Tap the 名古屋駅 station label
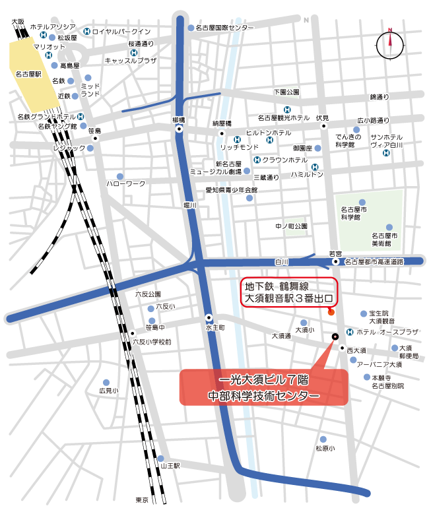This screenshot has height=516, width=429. pos(28,75)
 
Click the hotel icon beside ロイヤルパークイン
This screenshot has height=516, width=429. pos(87,31)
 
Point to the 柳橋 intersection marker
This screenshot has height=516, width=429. pos(180,131)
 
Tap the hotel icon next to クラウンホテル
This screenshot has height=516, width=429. pos(255,160)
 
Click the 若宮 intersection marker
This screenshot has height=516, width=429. pos(336,262)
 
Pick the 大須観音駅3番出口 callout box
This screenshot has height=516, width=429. pos(288,292)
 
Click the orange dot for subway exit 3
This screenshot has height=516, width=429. pos(331,312)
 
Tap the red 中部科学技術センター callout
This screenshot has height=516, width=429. pos(263,387)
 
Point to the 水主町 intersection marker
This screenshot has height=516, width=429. pos(209,316)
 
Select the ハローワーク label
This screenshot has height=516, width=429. pos(126,183)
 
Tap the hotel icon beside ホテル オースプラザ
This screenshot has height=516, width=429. pos(349,332)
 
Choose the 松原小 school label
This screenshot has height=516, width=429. pos(325,448)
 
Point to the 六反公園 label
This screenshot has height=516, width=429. pos(148,294)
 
